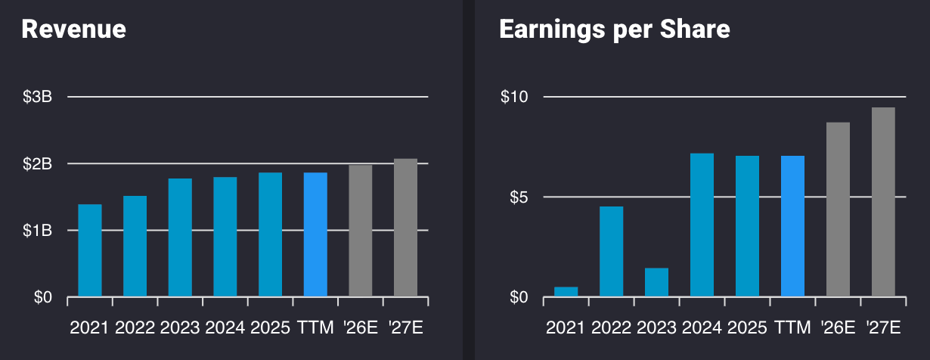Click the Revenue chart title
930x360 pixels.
point(73,29)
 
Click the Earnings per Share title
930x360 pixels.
point(614,29)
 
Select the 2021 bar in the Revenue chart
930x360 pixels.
point(90,250)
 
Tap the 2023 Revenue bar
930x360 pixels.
point(180,237)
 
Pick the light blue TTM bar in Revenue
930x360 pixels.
point(315,234)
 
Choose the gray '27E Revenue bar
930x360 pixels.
point(405,228)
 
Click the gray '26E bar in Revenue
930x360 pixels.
point(360,231)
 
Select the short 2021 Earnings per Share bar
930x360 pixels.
point(566,292)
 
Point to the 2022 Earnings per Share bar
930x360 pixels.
point(611,251)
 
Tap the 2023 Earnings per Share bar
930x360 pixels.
point(656,282)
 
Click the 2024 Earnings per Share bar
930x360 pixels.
point(702,225)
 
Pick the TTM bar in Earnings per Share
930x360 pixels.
point(792,226)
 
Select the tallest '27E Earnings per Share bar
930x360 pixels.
point(883,202)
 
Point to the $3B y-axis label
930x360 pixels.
point(37,97)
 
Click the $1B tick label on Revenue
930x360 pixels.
point(37,231)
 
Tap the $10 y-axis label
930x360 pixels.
point(514,97)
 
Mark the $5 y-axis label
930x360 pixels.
point(518,197)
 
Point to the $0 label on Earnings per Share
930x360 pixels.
point(518,297)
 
